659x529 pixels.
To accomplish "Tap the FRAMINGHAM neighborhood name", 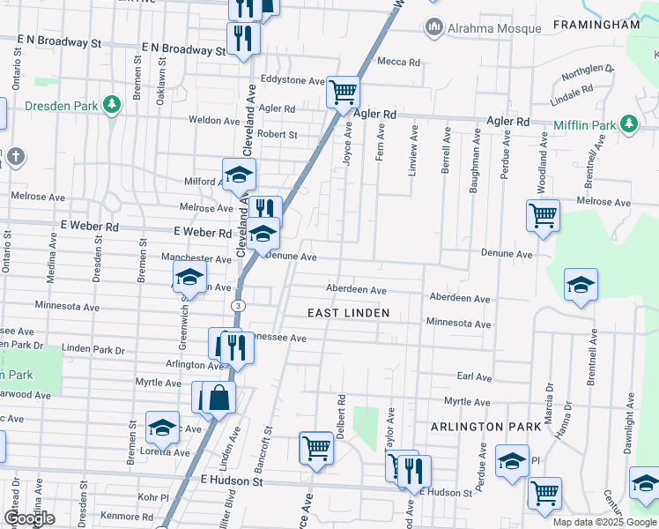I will pyautogui.click(x=596, y=25).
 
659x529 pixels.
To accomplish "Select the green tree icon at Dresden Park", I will pyautogui.click(x=112, y=106).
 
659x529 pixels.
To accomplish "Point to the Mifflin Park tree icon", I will pyautogui.click(x=630, y=124).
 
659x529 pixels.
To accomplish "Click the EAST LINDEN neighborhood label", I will pyautogui.click(x=348, y=313).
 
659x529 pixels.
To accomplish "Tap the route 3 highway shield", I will pyautogui.click(x=239, y=305).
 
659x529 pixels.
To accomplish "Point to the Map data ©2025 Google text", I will pyautogui.click(x=603, y=522).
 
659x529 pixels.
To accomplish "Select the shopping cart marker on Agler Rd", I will pyautogui.click(x=343, y=91).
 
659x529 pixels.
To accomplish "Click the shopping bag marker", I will pyautogui.click(x=218, y=397).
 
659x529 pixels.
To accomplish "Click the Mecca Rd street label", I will pyautogui.click(x=399, y=62).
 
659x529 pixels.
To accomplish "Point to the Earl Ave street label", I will pyautogui.click(x=474, y=376).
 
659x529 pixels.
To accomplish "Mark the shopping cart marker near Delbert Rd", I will pyautogui.click(x=316, y=447).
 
